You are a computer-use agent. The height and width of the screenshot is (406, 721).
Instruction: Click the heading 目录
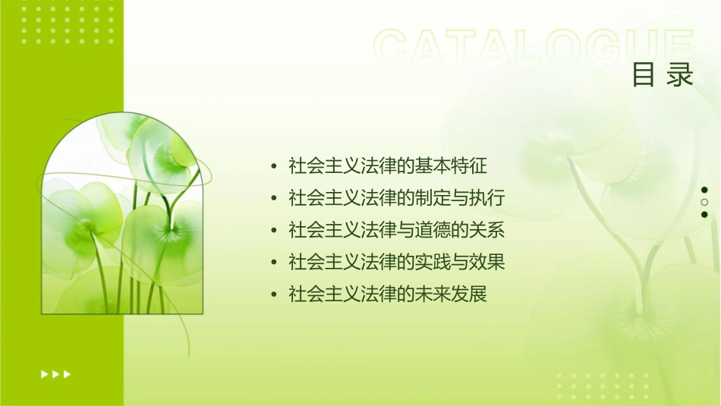[663, 75]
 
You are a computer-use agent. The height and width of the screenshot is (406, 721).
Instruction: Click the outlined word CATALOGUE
[534, 47]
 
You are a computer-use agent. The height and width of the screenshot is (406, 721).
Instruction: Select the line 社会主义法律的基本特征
[388, 165]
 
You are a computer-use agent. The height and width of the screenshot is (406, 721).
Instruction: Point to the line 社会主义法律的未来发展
[388, 294]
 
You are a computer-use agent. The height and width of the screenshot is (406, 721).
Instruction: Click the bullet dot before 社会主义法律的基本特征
[274, 165]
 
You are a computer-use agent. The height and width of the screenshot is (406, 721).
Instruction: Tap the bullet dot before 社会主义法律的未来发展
[274, 295]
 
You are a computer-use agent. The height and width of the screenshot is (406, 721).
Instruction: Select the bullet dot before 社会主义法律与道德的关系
[274, 231]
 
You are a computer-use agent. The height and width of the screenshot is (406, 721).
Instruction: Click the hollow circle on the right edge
[704, 203]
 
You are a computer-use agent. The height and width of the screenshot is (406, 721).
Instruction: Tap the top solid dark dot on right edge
[704, 190]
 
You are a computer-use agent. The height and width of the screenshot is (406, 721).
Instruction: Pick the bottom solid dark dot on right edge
[704, 215]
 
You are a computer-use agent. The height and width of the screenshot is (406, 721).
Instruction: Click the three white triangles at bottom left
[55, 373]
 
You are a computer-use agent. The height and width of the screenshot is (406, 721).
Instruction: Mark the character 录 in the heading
[681, 75]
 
